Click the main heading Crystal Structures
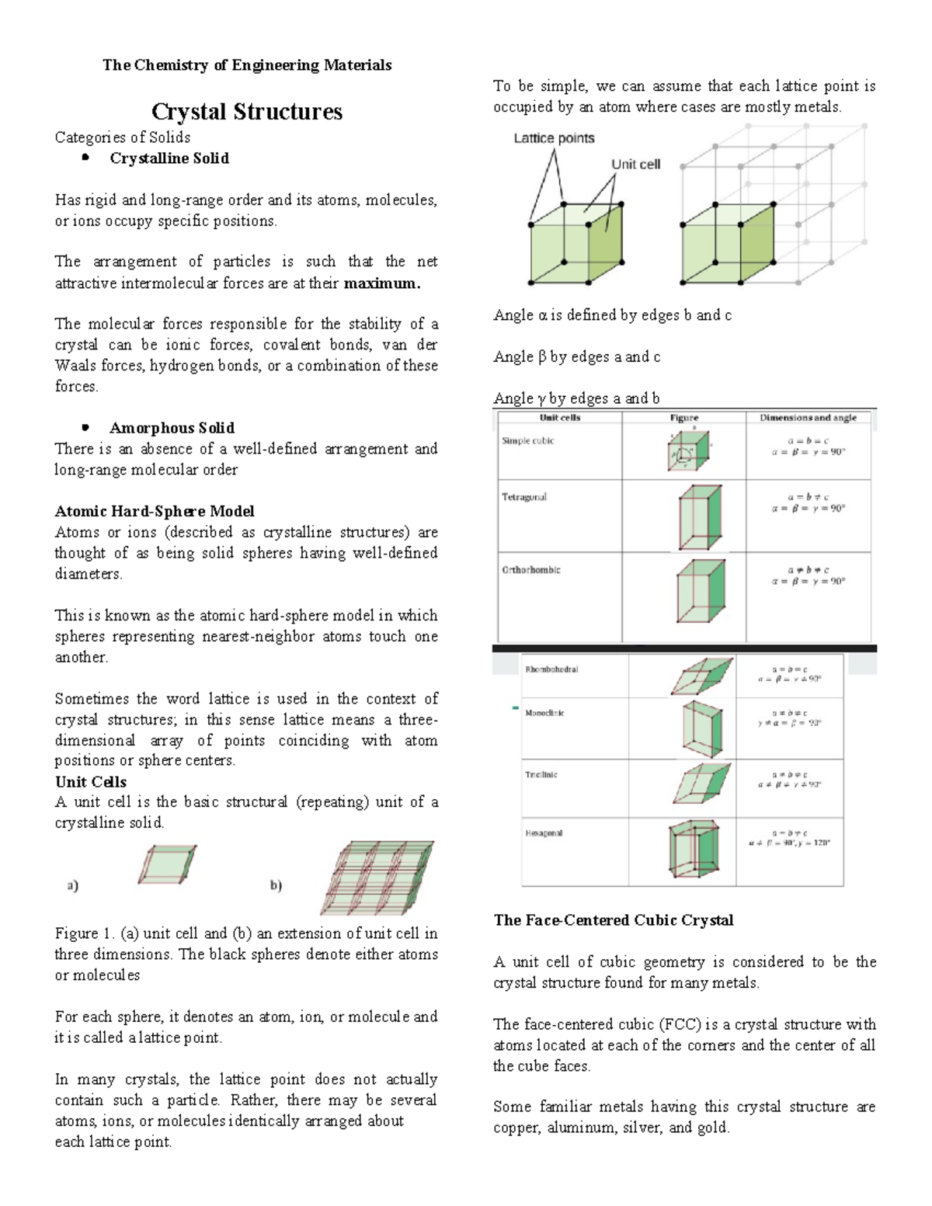tap(246, 111)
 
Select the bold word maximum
tap(381, 283)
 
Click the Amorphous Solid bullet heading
tap(172, 428)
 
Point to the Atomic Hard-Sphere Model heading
tap(154, 511)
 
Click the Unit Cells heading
tap(90, 782)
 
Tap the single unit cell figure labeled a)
tap(168, 864)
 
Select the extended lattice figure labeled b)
tap(376, 877)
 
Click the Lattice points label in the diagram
tap(554, 138)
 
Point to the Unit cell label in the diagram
tap(635, 164)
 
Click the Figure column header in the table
tap(683, 418)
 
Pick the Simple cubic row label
tap(527, 440)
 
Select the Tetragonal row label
tap(524, 497)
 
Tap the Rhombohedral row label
tap(551, 669)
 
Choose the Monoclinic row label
tap(544, 713)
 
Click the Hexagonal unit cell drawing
tap(694, 850)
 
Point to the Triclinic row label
tap(541, 774)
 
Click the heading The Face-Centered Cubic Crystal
tap(614, 920)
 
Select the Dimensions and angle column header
tap(808, 418)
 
